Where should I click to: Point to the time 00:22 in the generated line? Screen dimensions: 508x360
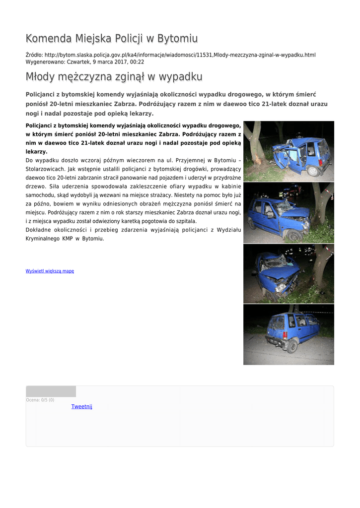tap(137, 62)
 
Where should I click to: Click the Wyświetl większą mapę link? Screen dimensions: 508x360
tap(50, 271)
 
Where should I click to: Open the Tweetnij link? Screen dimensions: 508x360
tap(81, 407)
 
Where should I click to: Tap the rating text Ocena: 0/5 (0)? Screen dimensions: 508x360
tap(40, 400)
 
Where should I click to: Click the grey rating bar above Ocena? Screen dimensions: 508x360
tap(51, 391)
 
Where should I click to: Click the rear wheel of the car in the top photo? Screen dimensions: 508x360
tap(313, 171)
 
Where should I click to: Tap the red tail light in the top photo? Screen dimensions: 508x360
tap(321, 162)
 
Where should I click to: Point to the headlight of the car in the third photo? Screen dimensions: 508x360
tap(281, 286)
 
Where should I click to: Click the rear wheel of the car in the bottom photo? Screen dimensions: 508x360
tap(292, 346)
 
